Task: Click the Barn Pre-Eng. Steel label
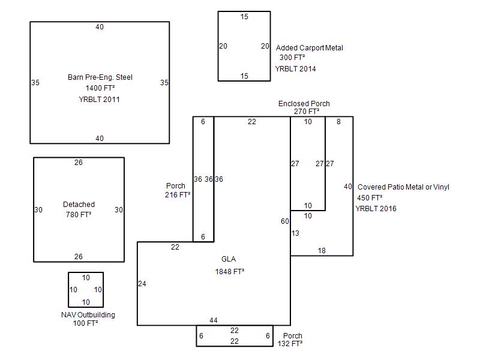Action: click(x=100, y=77)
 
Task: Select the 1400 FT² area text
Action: click(x=100, y=88)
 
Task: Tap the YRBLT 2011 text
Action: click(x=99, y=100)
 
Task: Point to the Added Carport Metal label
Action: click(x=309, y=48)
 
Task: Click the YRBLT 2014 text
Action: click(x=295, y=69)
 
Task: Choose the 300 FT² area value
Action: click(x=292, y=57)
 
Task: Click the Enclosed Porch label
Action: click(x=304, y=103)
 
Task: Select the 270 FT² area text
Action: click(x=307, y=112)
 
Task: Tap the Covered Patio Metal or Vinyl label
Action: click(x=403, y=187)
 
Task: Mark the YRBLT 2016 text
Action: click(x=376, y=209)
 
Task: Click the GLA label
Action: click(x=229, y=259)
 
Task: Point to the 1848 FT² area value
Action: click(x=230, y=272)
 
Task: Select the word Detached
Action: click(x=79, y=205)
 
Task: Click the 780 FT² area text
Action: click(x=79, y=215)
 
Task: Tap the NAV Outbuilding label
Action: click(x=88, y=314)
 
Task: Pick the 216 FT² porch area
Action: click(x=178, y=194)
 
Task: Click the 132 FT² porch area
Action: click(x=290, y=343)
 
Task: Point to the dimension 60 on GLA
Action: click(x=284, y=221)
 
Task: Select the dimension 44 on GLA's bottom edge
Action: click(x=214, y=320)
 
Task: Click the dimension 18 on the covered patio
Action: click(x=322, y=251)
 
